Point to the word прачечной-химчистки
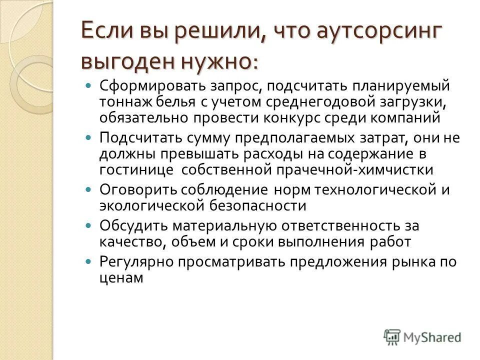click(x=358, y=170)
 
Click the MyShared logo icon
click(x=391, y=336)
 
